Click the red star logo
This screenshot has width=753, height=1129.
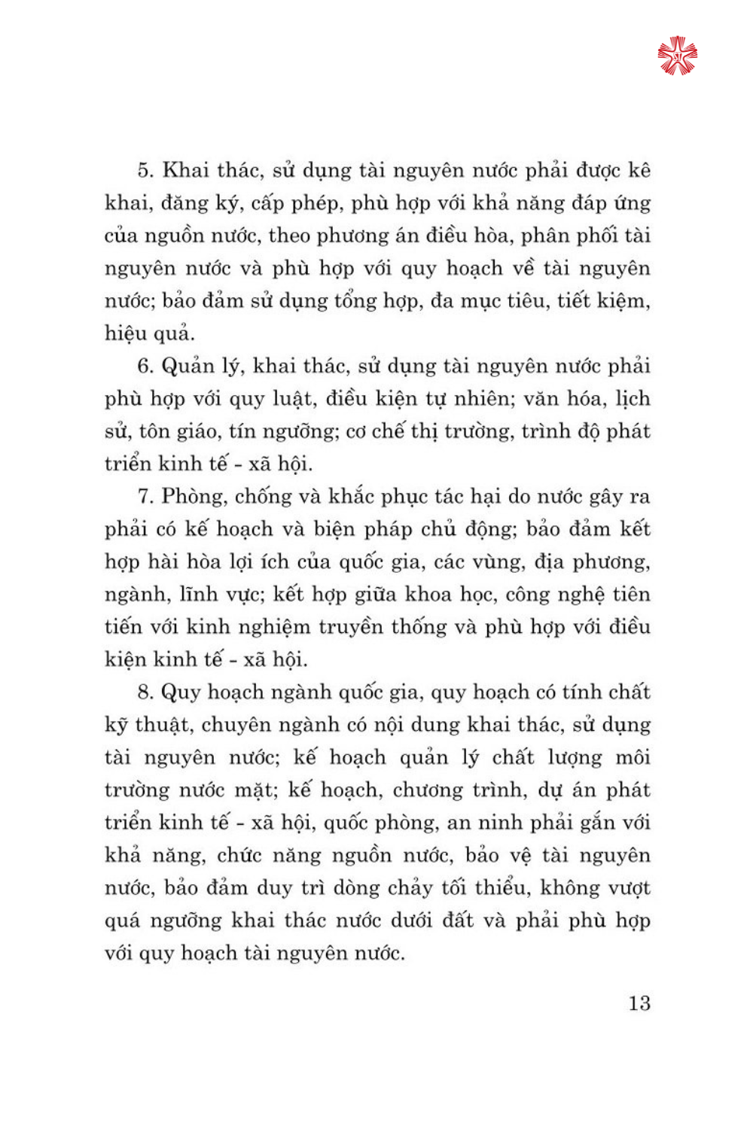677,56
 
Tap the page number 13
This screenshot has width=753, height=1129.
639,1003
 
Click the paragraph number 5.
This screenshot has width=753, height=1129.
145,170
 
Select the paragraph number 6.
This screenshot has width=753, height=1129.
145,367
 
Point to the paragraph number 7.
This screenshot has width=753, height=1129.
145,497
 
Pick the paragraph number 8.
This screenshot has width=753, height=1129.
145,692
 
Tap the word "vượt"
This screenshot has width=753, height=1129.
625,888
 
